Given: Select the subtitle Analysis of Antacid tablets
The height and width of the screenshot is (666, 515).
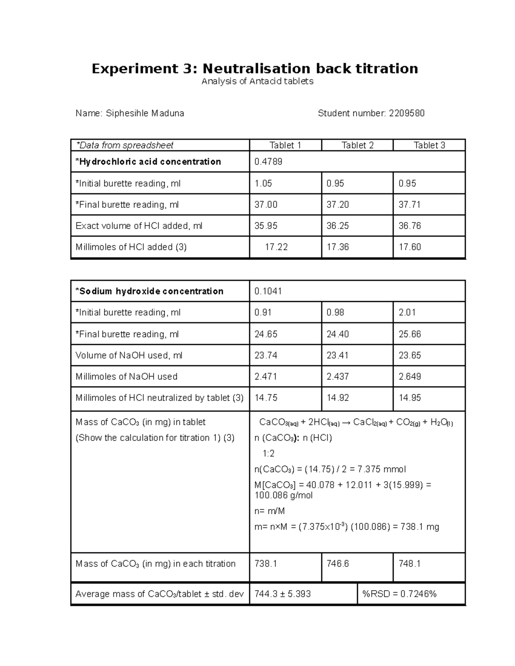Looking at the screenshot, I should click(x=257, y=81).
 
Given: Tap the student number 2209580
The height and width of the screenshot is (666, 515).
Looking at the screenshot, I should click(x=407, y=113).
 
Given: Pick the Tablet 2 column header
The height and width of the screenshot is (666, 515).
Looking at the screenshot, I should click(x=357, y=145).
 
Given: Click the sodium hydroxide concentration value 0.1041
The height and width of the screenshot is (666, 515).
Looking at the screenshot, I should click(x=268, y=291).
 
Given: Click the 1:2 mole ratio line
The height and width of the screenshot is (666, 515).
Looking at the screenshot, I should click(x=269, y=454).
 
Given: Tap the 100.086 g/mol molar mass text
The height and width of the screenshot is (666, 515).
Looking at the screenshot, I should click(x=283, y=496).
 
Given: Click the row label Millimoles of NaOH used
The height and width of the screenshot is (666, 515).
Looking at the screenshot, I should click(x=126, y=377).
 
